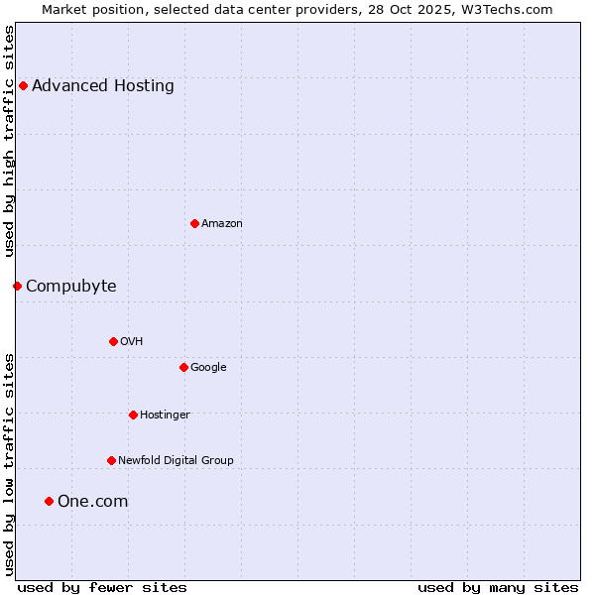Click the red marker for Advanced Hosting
(23, 85)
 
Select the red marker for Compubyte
(17, 286)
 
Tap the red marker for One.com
(49, 501)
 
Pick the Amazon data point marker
(194, 223)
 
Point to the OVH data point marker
(113, 341)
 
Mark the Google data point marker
(183, 367)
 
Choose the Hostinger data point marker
(133, 415)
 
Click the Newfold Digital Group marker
(111, 460)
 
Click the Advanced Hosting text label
(103, 85)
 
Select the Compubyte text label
(71, 286)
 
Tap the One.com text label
(93, 501)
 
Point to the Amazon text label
(222, 223)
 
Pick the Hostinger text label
(165, 415)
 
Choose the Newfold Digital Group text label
(176, 460)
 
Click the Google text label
(208, 367)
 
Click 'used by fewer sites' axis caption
(102, 587)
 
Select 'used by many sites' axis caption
(498, 587)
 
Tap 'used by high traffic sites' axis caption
(9, 141)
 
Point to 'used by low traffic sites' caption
(9, 464)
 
